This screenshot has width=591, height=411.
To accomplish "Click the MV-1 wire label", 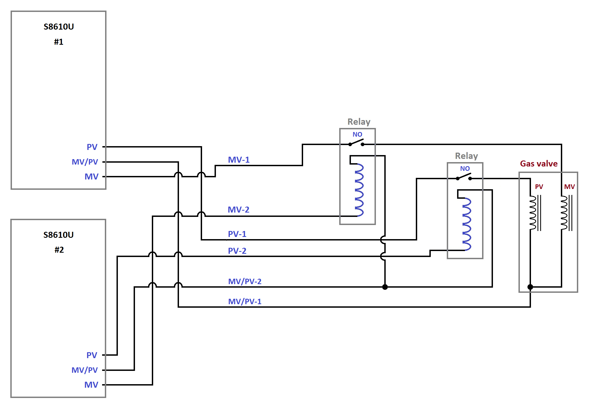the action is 238,160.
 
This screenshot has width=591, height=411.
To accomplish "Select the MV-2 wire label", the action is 238,210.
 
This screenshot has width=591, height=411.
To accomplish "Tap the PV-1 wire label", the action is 237,234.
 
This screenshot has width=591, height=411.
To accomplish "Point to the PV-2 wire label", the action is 237,251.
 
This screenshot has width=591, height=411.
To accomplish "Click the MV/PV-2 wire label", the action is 245,281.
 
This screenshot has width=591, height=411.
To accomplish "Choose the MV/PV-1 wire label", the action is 245,301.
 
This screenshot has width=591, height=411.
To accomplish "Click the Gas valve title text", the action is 539,163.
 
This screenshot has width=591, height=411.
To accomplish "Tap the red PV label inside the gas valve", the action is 539,187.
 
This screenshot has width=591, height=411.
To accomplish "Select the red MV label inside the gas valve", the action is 569,187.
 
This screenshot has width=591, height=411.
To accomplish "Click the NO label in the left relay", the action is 357,134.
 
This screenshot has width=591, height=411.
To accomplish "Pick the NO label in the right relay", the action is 465,169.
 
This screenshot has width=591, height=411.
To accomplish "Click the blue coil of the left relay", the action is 359,190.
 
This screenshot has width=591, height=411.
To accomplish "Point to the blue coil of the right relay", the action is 467,224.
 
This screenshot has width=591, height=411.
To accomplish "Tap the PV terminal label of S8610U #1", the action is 92,147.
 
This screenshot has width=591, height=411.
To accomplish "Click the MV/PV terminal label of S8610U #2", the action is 84,370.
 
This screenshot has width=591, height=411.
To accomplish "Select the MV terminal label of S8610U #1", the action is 91,176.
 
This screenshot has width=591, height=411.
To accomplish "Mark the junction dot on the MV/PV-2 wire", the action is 385,287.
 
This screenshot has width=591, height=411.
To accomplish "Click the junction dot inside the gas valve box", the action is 530,287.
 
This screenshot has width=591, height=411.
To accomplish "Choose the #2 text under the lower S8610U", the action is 59,250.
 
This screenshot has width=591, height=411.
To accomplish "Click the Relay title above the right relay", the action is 466,156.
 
